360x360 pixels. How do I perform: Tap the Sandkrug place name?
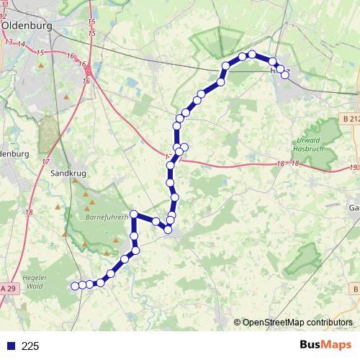tap(69, 174)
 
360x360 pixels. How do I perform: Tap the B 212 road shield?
tap(351, 119)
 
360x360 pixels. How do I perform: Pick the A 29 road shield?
tap(8, 309)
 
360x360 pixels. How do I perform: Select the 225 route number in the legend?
tap(30, 346)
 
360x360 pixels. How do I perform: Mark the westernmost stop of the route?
tap(74, 286)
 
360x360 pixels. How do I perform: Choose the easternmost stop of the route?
tap(285, 74)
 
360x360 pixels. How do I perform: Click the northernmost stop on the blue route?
tap(252, 54)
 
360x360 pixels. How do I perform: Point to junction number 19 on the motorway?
tap(352, 168)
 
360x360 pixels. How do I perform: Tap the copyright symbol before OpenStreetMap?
tap(238, 322)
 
